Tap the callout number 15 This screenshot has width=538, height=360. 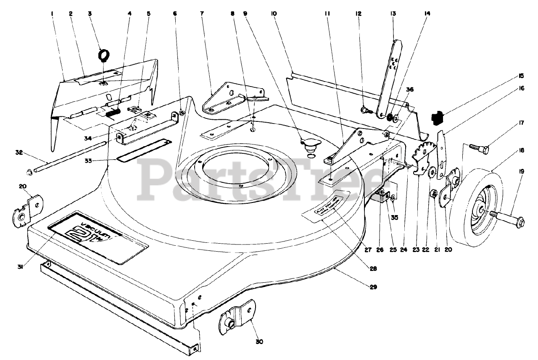pyautogui.click(x=521, y=76)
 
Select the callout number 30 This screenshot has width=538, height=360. pyautogui.click(x=259, y=342)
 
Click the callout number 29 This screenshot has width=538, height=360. pyautogui.click(x=373, y=287)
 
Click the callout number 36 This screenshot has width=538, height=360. pyautogui.click(x=410, y=89)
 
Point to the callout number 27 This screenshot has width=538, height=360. pyautogui.click(x=368, y=250)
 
